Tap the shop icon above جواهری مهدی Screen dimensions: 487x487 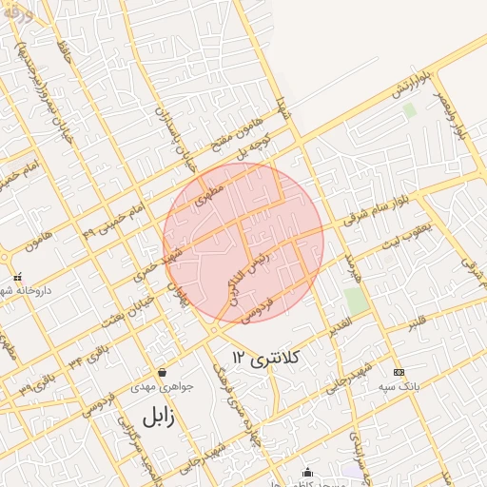click(163, 372)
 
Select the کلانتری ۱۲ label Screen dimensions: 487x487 click(265, 358)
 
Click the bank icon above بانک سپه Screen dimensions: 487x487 click(399, 372)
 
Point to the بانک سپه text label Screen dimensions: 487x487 click(399, 387)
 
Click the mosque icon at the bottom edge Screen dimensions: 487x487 click(307, 472)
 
